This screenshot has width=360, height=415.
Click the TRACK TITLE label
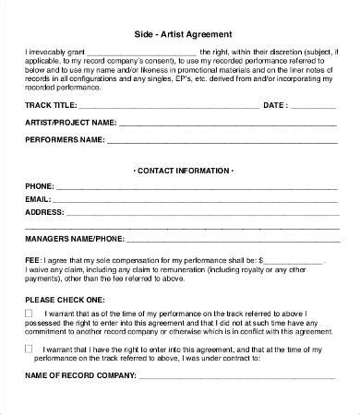point(53,105)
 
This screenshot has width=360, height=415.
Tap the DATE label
point(277,105)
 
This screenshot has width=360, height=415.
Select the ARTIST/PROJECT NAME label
point(70,122)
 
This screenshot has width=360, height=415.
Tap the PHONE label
point(39,186)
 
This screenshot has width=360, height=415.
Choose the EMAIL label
point(38,198)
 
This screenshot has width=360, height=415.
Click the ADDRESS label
point(44,211)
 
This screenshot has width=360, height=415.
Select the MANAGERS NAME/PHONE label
point(73,238)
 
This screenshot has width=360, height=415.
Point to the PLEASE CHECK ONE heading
point(65,301)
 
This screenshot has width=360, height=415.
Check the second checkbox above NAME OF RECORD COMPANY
point(30,349)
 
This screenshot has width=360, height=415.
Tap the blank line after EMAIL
point(195,200)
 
